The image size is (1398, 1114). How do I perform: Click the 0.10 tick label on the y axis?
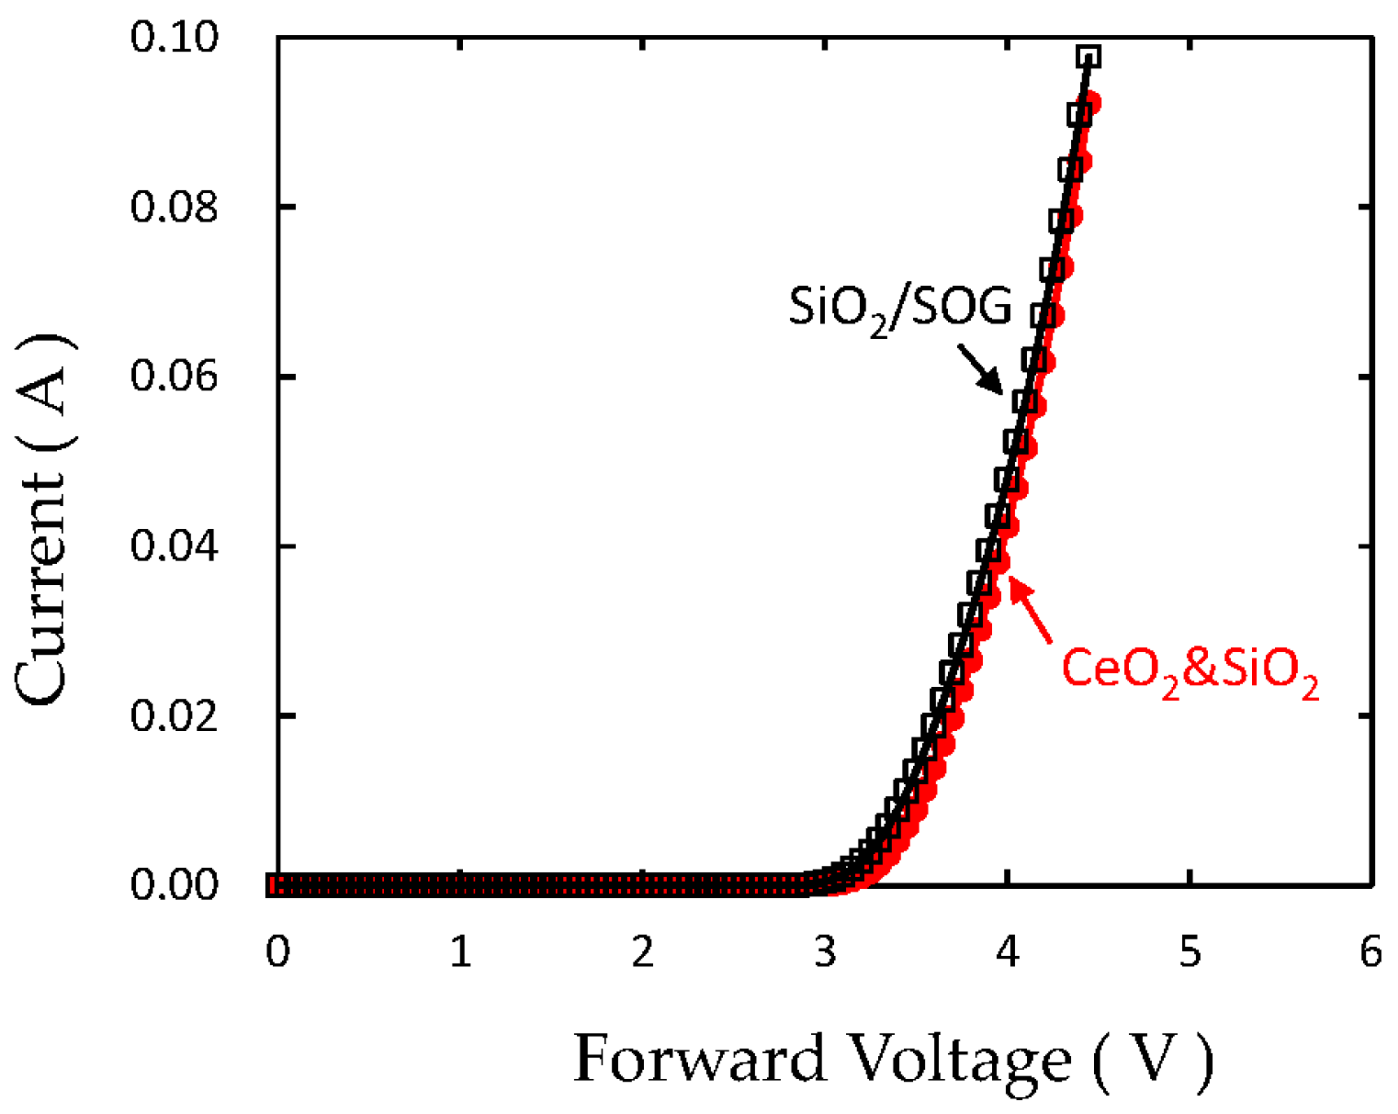pos(174,38)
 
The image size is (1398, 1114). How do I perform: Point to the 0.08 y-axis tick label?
pos(174,207)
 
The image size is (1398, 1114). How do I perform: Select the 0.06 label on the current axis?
pos(174,377)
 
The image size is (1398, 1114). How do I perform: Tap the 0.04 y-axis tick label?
pos(174,546)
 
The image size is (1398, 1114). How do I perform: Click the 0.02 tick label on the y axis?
pos(174,716)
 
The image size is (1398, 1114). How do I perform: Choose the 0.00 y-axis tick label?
pos(174,885)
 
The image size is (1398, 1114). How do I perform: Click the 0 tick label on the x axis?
pos(278,952)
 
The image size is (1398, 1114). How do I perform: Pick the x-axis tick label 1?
pos(461,952)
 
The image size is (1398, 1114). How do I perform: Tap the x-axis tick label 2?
pos(643,952)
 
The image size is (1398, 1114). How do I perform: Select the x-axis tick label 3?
pos(826,952)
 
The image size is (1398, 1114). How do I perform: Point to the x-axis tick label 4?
pos(1008,952)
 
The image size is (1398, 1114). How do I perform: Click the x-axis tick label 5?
pos(1191,952)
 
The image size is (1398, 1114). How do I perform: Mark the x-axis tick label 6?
pos(1372,952)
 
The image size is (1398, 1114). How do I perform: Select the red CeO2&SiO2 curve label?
pos(1189,670)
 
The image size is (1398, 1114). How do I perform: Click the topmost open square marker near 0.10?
pos(1088,57)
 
